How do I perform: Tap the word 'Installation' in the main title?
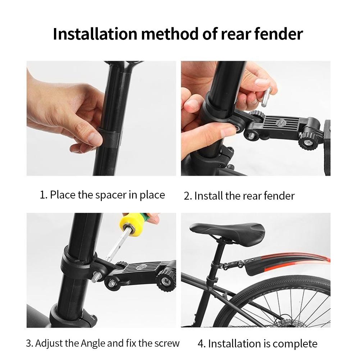(x=95, y=34)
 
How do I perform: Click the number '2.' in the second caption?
(x=188, y=196)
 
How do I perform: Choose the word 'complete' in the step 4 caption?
(x=295, y=344)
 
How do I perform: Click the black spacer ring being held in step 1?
(x=110, y=140)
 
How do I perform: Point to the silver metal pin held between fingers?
(x=266, y=97)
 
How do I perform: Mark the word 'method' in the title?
(x=169, y=34)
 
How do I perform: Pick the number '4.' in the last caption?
(x=202, y=344)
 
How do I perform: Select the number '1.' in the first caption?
(x=44, y=195)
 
